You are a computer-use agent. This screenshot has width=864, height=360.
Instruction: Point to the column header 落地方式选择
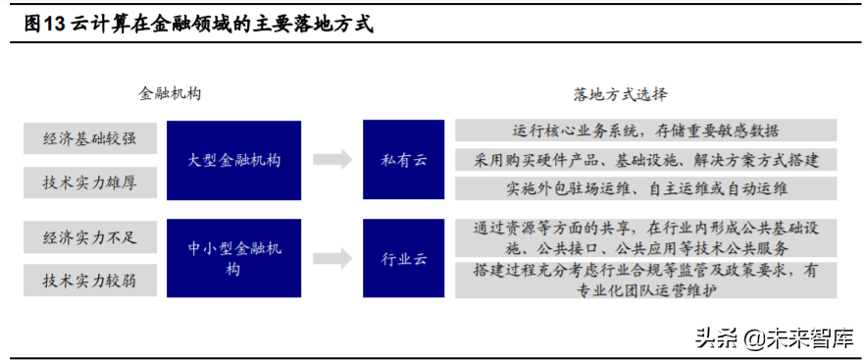coord(620,94)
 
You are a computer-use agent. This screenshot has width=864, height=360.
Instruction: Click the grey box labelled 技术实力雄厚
coord(89,181)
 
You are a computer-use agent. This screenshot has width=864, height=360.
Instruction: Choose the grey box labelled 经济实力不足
coord(89,236)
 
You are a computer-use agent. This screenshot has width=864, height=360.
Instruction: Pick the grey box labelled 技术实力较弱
coord(89,281)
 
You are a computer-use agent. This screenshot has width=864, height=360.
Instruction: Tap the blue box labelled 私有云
coord(405,160)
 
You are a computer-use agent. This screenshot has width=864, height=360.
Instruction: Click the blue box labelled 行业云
coord(405,259)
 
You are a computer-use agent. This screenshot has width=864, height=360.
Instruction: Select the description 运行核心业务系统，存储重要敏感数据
coord(645,130)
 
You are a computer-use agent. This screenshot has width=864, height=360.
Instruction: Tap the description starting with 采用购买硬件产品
coord(645,159)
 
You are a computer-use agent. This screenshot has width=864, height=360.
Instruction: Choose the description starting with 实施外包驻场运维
coord(645,188)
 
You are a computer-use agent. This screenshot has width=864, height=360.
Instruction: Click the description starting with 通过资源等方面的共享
coord(645,237)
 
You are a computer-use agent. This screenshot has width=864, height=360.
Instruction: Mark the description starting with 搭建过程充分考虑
coord(645,280)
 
